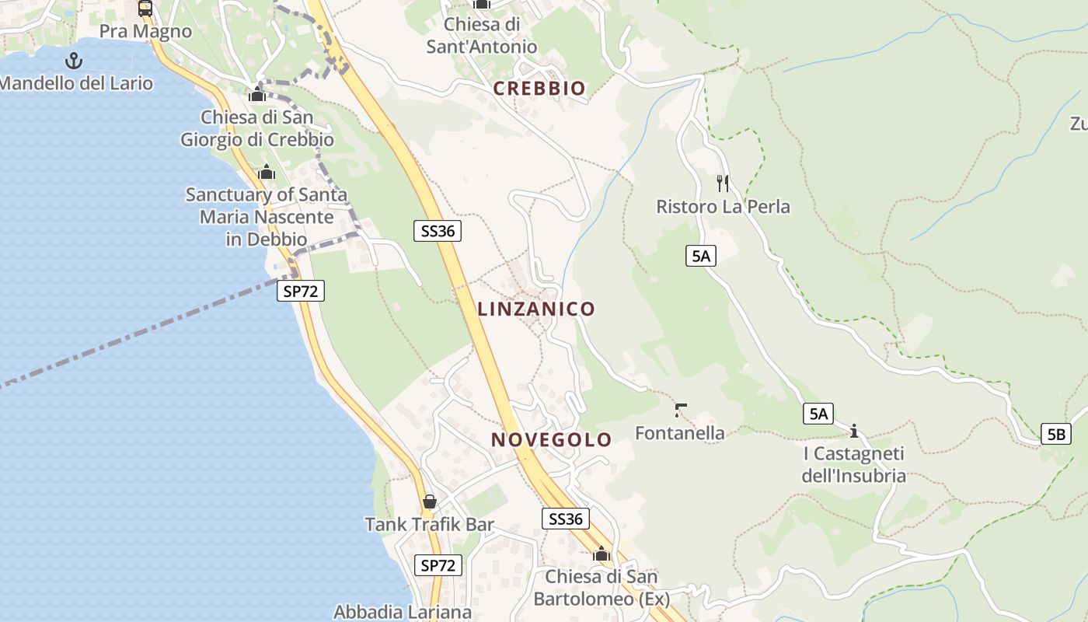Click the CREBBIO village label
coord(539,89)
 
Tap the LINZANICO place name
coord(536,309)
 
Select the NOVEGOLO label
coord(551,439)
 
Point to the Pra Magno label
coord(145,32)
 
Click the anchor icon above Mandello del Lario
coord(74,60)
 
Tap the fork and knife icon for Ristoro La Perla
coord(723,183)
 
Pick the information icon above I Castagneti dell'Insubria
coord(854,430)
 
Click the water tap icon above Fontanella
coord(681,410)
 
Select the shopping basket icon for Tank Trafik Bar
coord(429,501)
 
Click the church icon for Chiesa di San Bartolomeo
coord(601,554)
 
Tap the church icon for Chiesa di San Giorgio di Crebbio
coord(257,95)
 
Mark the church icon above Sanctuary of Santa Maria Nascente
coord(267,172)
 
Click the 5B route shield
coord(1056,434)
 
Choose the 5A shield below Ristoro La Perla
coord(700,255)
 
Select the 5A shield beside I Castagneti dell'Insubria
coord(818,414)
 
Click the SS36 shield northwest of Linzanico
coord(438,230)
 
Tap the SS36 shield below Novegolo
coord(565,519)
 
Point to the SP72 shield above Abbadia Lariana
coord(438,565)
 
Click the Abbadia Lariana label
coord(403,612)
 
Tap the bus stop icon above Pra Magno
coord(145,9)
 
